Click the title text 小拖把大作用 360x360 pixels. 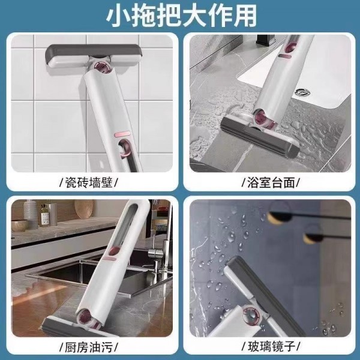click(181, 16)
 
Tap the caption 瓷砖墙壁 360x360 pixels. click(89, 183)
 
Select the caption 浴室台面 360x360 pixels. click(271, 183)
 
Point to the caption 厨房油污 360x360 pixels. click(89, 347)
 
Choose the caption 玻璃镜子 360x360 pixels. click(271, 346)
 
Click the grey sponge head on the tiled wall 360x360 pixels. click(94, 56)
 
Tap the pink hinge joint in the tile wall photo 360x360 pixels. click(103, 68)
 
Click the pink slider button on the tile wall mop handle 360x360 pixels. click(122, 134)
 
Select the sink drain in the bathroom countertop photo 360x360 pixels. click(303, 92)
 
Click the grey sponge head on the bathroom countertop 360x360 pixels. click(260, 136)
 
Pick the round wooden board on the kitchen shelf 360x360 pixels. click(84, 209)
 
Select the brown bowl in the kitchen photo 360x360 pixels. click(20, 225)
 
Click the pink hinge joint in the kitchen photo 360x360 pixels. click(87, 316)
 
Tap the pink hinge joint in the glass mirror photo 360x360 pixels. click(251, 314)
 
